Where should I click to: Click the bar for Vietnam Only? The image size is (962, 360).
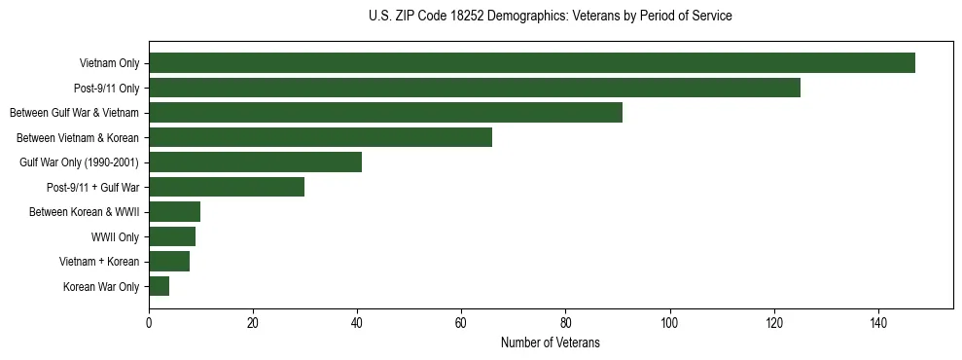532,63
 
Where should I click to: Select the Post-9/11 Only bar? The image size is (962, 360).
475,88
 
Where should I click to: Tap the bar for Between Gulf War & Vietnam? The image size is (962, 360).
385,113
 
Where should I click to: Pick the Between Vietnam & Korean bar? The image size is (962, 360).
320,137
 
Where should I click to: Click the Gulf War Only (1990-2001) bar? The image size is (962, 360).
255,162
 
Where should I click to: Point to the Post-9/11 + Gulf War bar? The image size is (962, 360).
227,187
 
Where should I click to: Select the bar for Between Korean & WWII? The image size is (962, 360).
174,212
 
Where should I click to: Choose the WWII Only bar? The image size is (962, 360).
172,236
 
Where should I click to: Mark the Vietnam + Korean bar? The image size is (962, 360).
169,262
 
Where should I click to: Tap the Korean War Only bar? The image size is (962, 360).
159,286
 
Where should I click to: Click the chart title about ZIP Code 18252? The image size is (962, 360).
551,17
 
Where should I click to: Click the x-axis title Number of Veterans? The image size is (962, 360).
551,343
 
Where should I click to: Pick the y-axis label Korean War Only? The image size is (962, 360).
101,287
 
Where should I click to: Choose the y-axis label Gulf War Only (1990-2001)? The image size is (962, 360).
80,162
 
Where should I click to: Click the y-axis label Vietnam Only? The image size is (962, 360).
109,63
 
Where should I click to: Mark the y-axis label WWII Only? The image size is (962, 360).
115,237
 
